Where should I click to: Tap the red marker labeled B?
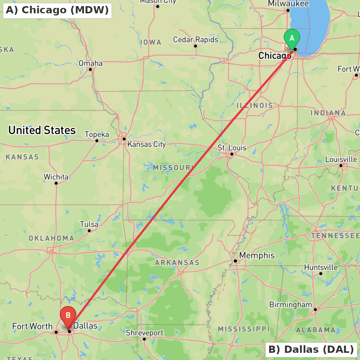68,316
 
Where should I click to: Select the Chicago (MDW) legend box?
57,10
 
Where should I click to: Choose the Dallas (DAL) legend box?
311,349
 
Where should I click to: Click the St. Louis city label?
232,148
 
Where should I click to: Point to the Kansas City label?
147,144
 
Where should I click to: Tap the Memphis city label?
257,255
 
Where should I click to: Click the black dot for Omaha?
90,69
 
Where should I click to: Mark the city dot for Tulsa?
89,230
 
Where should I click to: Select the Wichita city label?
56,177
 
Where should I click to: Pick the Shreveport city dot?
144,339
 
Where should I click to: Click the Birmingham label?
291,305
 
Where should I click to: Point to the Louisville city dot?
341,166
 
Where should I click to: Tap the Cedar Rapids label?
195,39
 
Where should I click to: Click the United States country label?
42,130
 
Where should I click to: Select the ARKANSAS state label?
177,262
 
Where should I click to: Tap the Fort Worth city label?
32,326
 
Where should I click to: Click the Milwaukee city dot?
288,10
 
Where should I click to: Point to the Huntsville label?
321,267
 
